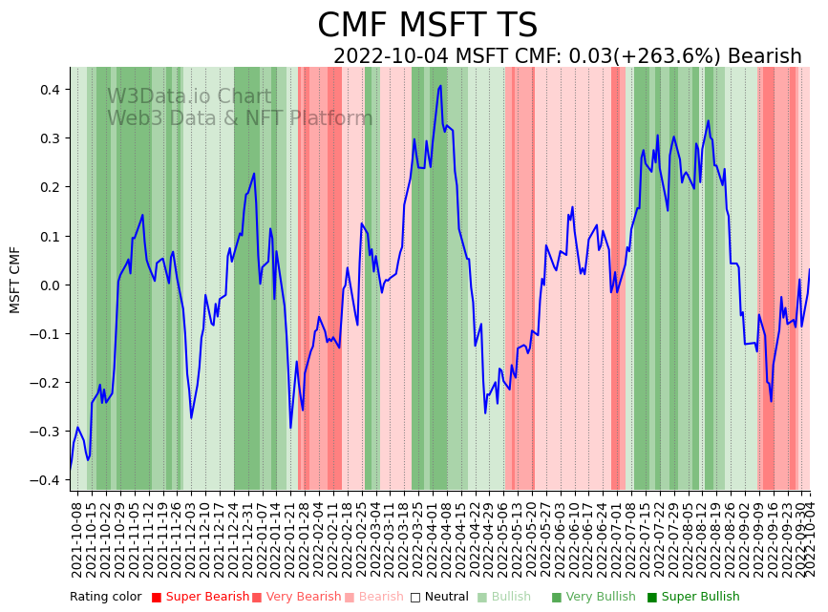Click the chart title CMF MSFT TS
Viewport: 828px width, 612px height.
(x=427, y=26)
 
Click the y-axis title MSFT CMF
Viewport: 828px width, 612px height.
(x=15, y=279)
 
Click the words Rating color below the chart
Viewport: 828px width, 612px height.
(x=105, y=598)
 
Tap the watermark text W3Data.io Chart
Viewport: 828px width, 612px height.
(x=189, y=96)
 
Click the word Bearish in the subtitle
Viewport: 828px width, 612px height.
(x=764, y=56)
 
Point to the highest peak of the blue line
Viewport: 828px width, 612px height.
(x=440, y=86)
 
